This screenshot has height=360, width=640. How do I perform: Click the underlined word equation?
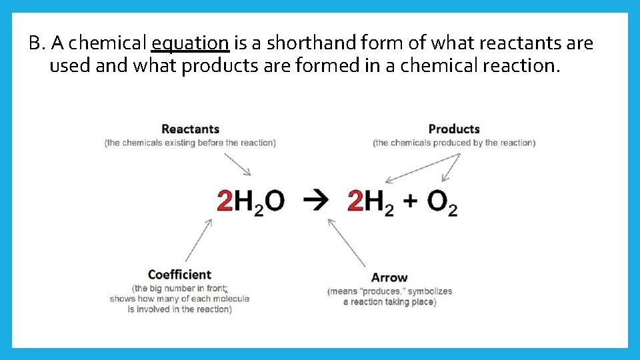[191, 44]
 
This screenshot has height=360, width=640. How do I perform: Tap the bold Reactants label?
[190, 129]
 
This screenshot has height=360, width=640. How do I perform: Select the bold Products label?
[454, 129]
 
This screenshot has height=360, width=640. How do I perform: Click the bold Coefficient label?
[179, 275]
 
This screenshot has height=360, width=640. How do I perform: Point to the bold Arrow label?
[389, 277]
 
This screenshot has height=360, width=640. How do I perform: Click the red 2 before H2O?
[225, 200]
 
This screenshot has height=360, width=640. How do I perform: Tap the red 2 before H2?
[355, 200]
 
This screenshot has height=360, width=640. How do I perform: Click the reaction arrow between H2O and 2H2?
[315, 199]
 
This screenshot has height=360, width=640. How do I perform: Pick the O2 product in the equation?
[442, 201]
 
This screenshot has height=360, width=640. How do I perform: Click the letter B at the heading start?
[35, 44]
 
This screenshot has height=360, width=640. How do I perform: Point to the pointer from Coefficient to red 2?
[199, 240]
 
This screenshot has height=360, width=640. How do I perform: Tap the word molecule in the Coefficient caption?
[230, 299]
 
